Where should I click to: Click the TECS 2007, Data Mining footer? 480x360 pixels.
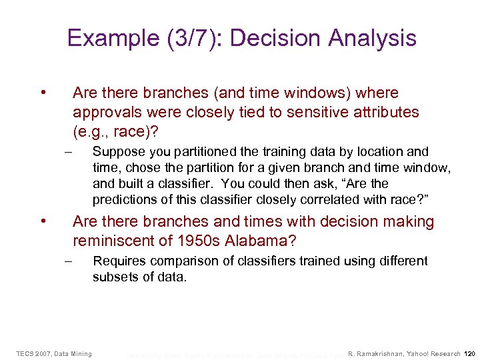click(54, 353)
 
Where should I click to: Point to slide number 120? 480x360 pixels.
click(469, 353)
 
